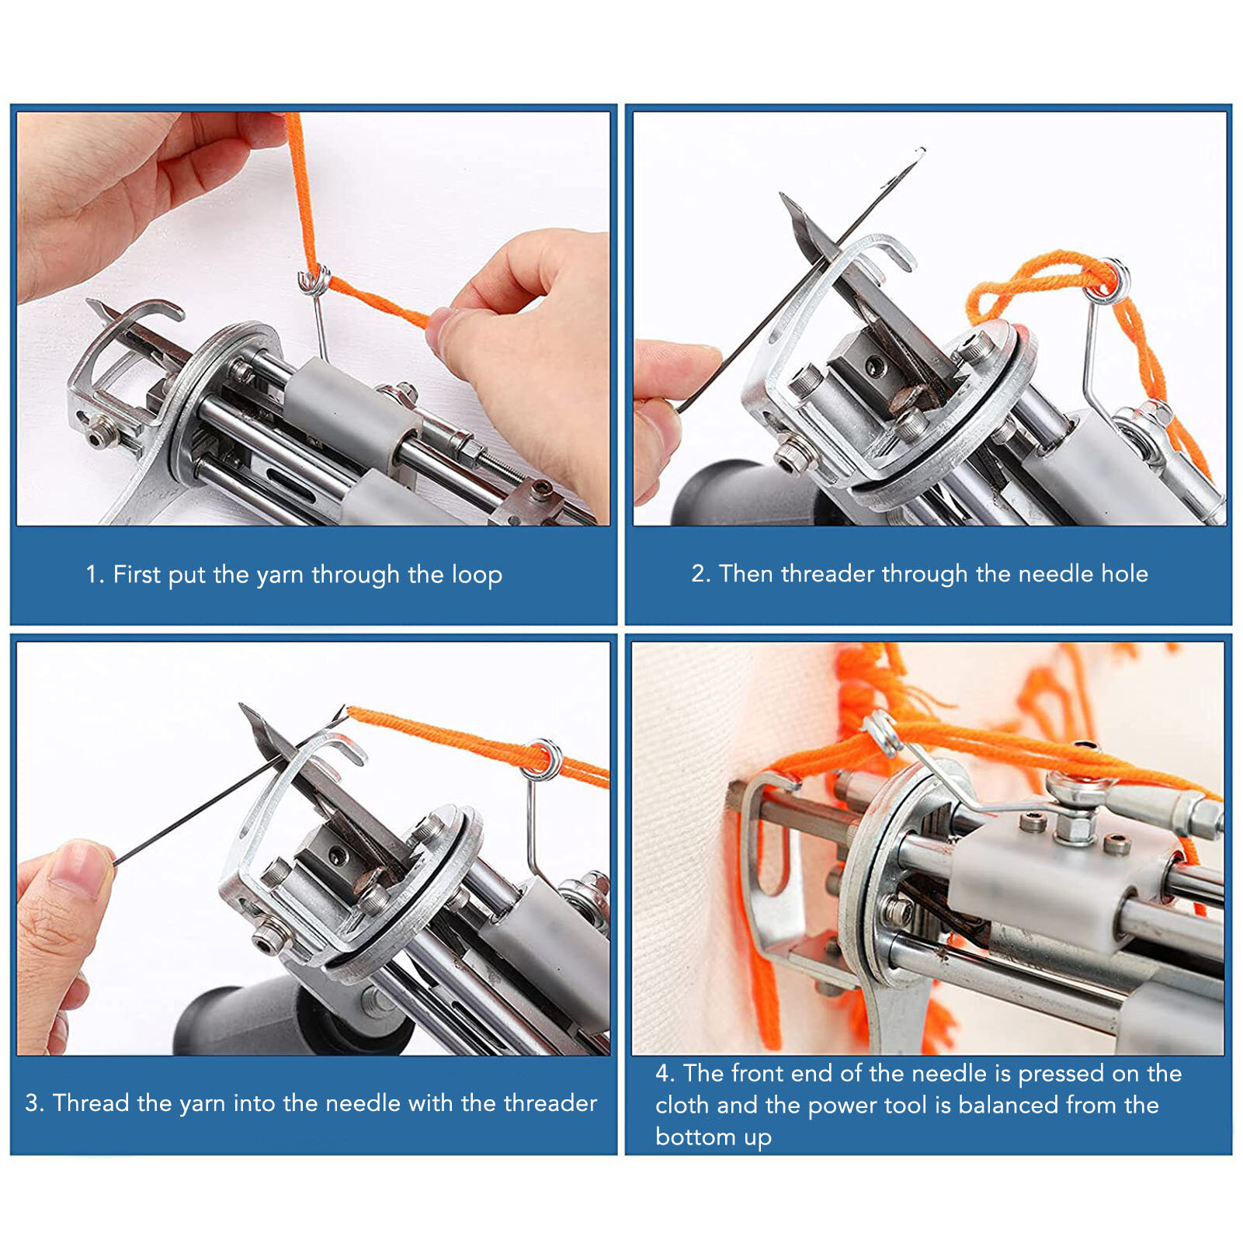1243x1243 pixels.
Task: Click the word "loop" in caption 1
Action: point(477,575)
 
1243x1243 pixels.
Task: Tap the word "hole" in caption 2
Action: point(1124,574)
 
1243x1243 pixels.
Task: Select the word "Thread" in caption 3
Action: point(91,1102)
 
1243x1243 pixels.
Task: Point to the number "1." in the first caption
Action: point(95,575)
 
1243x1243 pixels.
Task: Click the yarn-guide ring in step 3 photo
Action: point(543,758)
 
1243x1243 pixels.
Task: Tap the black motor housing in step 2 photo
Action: point(738,494)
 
